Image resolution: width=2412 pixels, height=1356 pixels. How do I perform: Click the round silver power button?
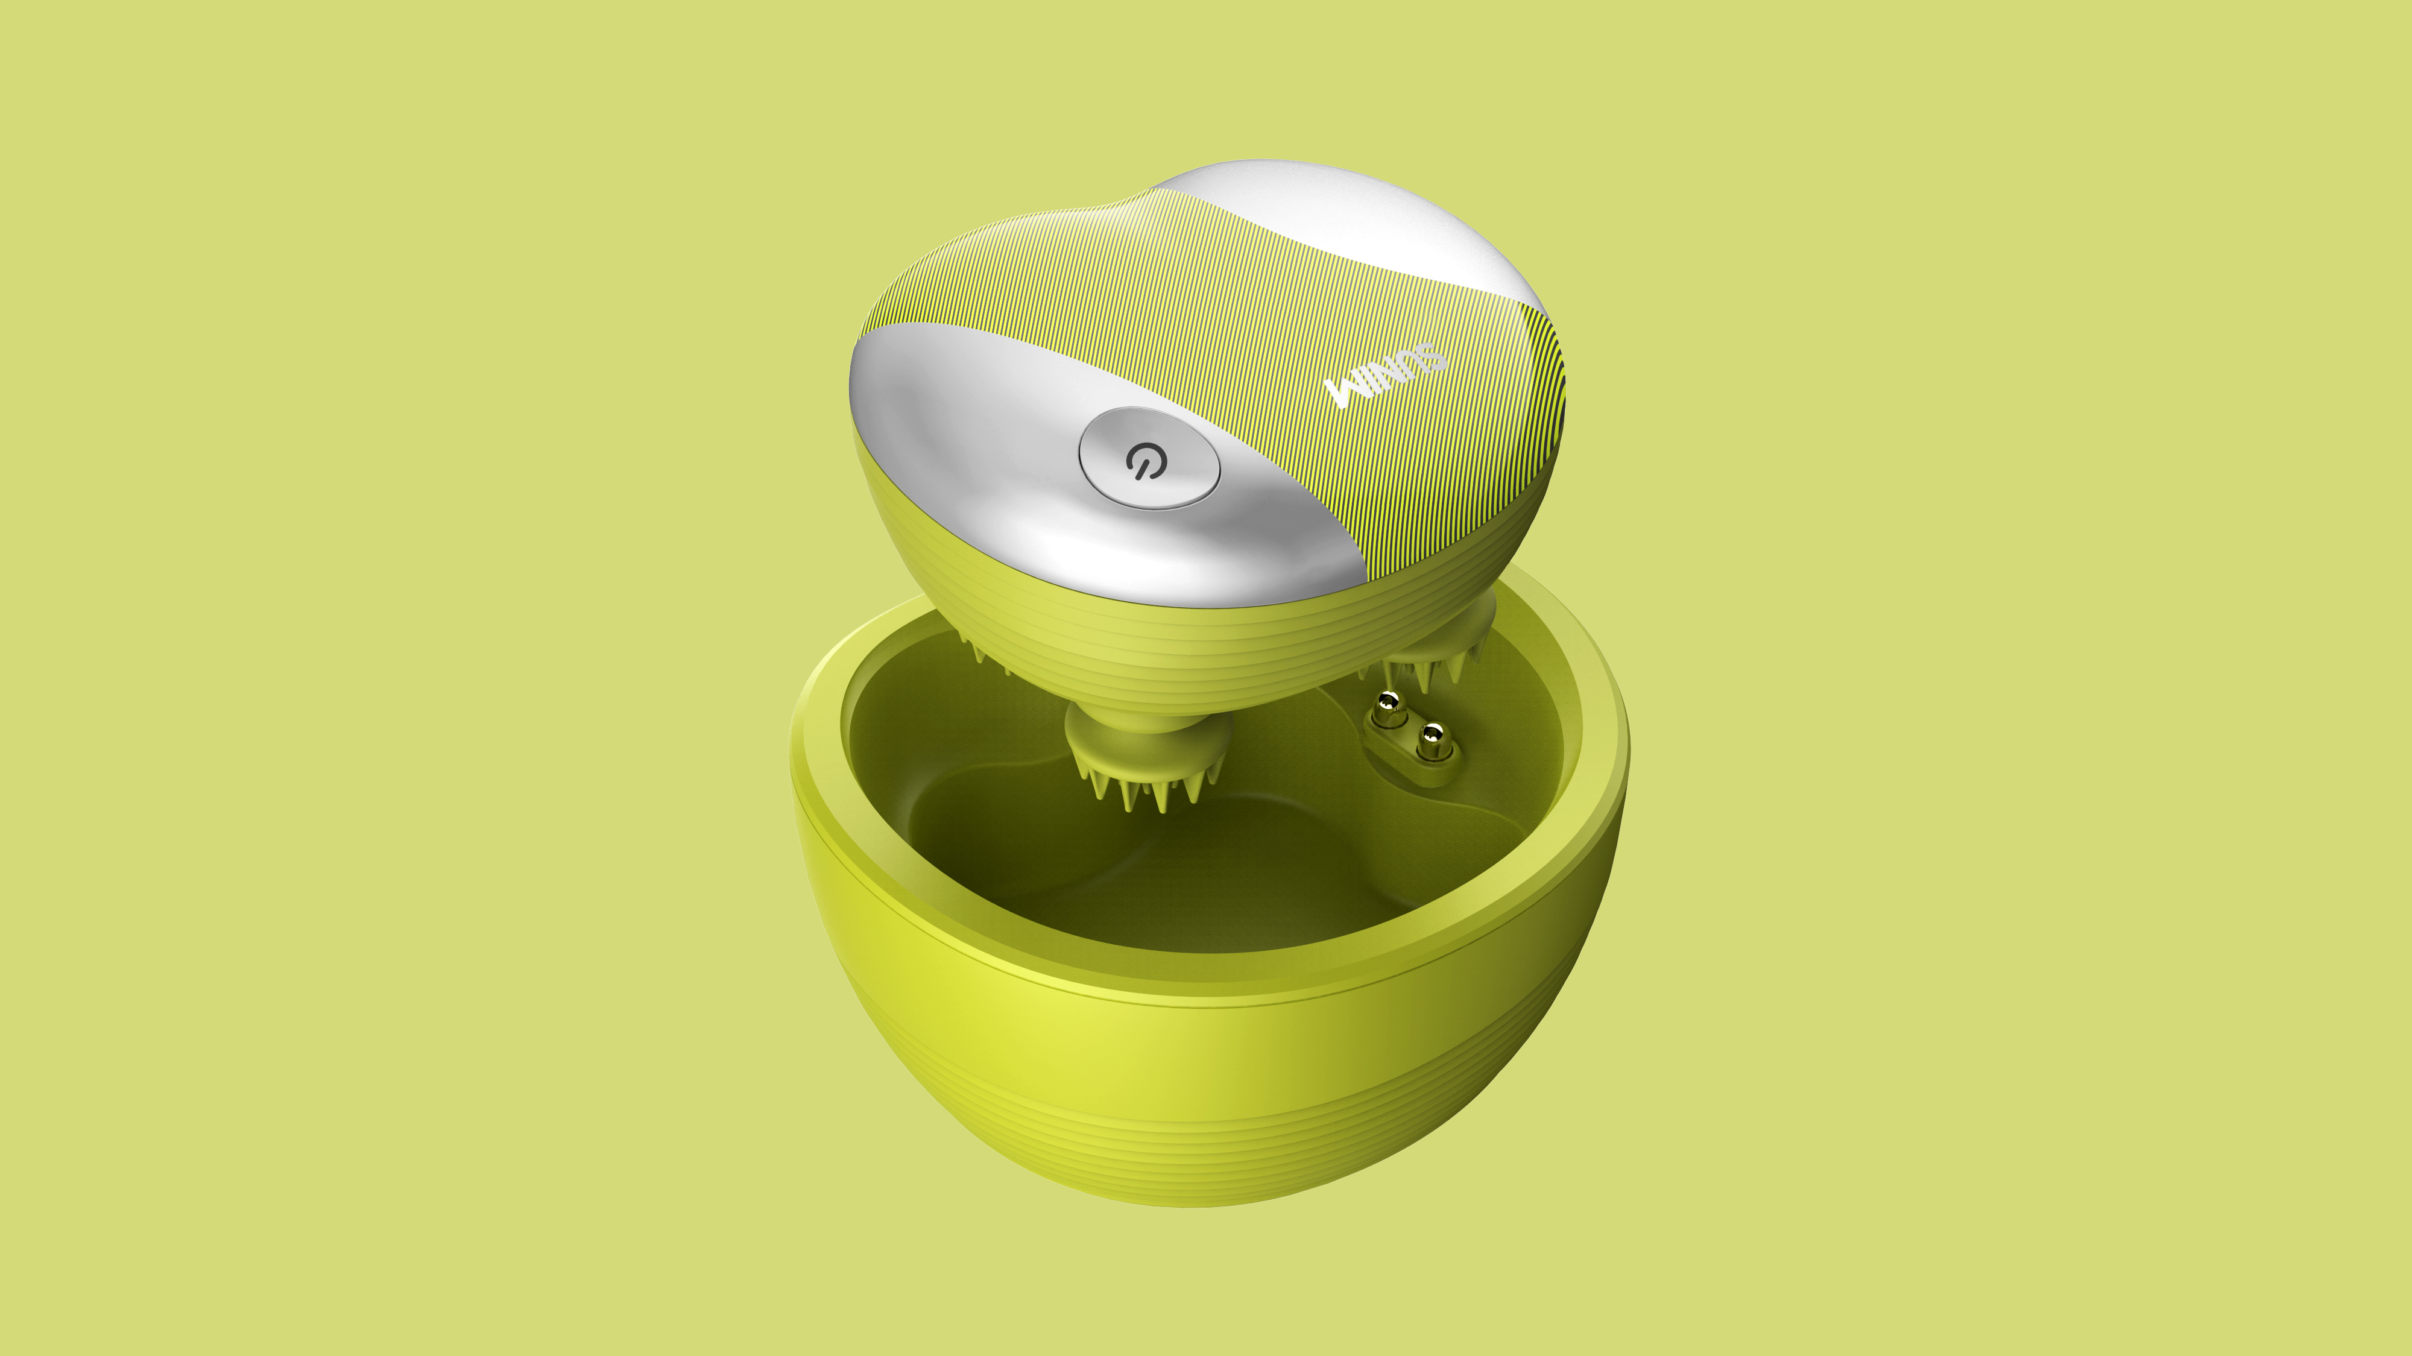[x=1149, y=458]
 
